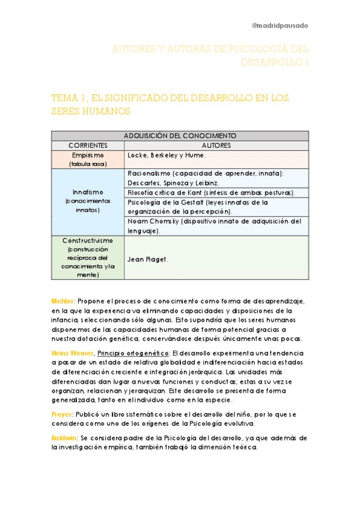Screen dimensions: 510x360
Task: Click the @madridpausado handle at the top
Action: coord(279,25)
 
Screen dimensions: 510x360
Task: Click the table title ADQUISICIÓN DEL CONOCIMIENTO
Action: coord(180,136)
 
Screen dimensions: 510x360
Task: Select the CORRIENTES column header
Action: coord(88,146)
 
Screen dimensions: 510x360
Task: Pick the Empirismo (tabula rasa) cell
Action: coord(88,159)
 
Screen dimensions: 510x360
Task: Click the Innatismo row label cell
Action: coord(88,201)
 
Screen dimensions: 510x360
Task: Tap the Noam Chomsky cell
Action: coord(214,226)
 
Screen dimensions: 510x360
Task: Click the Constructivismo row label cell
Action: coord(88,257)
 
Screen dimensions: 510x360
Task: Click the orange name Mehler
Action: coord(63,300)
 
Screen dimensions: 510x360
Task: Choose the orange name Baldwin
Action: coord(64,438)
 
